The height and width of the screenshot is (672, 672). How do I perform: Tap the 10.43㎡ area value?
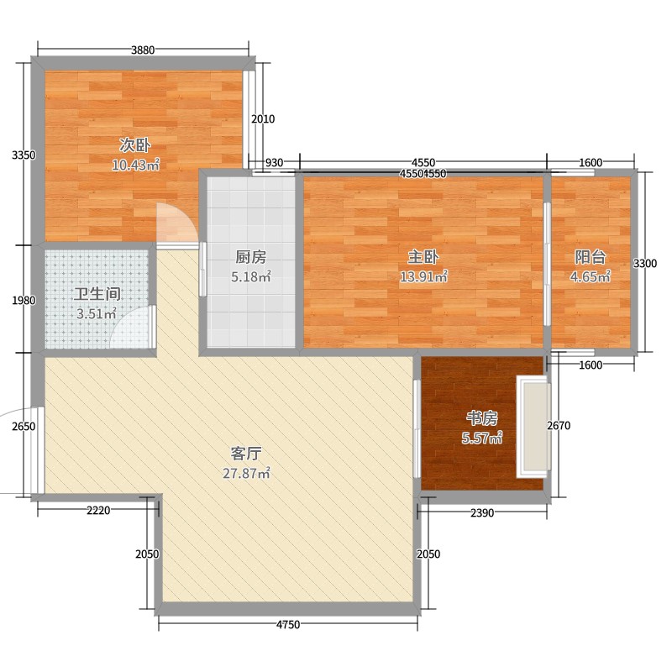135,165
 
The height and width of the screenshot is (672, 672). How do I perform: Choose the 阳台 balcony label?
591,257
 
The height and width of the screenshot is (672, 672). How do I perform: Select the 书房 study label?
481,417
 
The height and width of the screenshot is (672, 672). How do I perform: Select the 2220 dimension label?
98,512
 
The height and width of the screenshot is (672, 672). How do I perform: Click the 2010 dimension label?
263,119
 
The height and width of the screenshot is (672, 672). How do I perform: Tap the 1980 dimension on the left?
23,301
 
